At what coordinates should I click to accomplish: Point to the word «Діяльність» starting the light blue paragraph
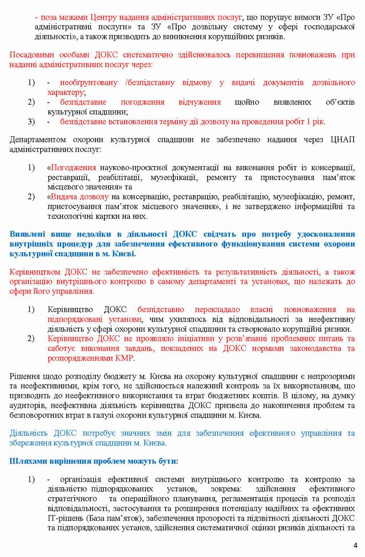coord(27,433)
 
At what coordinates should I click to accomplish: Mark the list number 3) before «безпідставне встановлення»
coord(31,122)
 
